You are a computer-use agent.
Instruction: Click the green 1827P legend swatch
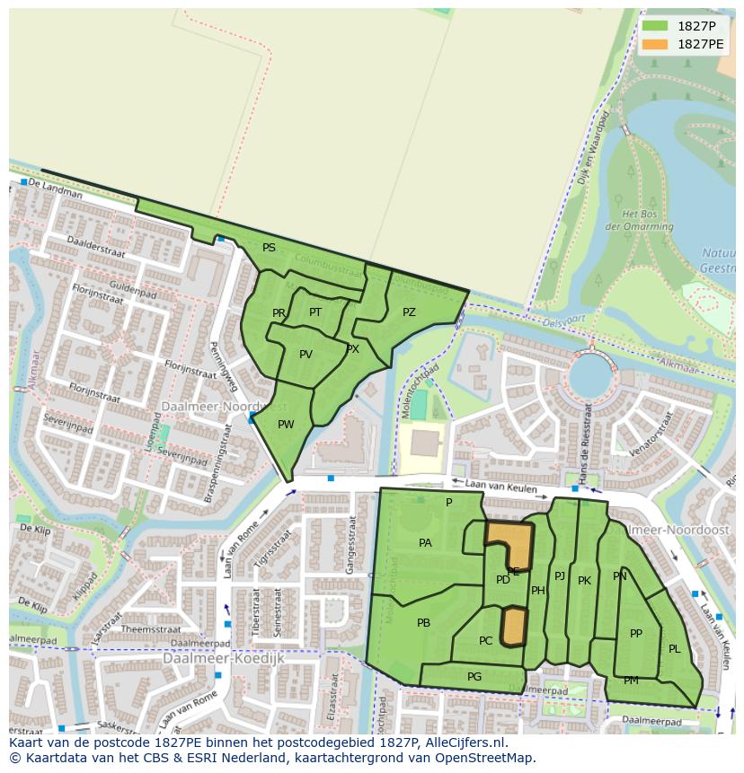[655, 26]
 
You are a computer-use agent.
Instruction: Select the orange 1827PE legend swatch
[655, 44]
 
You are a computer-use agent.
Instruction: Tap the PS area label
[269, 248]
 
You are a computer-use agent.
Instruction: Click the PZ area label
[409, 312]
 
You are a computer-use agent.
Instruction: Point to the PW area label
[286, 425]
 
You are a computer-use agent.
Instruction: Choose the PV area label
[306, 355]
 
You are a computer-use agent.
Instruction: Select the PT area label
[315, 312]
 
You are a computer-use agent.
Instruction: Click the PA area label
[425, 543]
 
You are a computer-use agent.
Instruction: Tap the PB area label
[423, 623]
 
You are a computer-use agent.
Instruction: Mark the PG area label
[474, 677]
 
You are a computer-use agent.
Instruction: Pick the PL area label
[674, 649]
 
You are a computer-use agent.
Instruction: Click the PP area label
[636, 634]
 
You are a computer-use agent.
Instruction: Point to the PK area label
[584, 581]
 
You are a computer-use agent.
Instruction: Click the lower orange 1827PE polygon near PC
[513, 626]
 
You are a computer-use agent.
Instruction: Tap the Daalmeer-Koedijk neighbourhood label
[224, 658]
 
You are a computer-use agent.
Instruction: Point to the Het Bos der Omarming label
[646, 221]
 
